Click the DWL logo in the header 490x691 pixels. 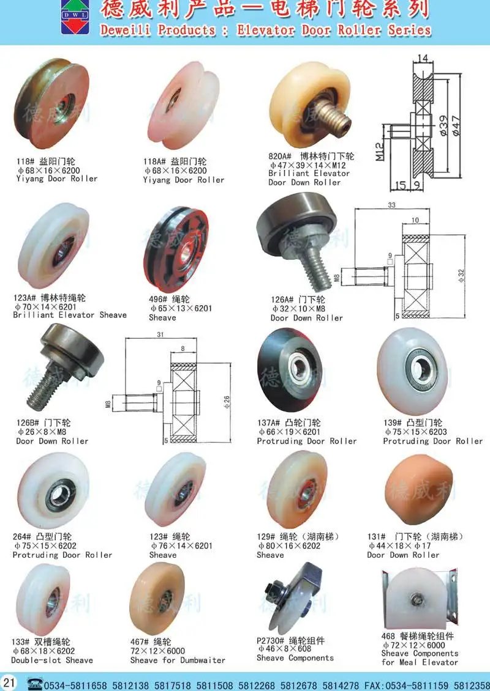[75, 17]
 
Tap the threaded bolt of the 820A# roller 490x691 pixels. [337, 120]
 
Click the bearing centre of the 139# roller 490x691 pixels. [421, 369]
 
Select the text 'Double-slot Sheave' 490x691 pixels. [53, 660]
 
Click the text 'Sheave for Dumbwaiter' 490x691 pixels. [178, 660]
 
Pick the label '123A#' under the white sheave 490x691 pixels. [25, 298]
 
